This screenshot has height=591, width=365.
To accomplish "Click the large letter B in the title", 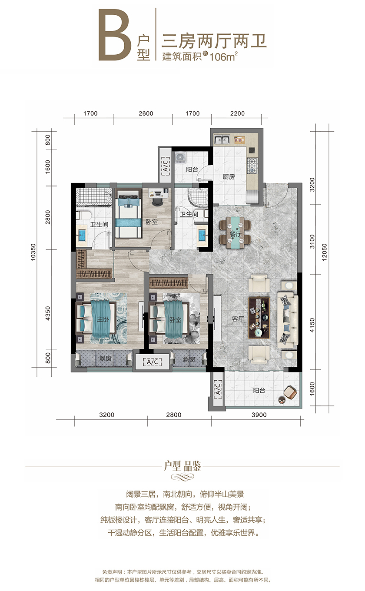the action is click(x=115, y=35).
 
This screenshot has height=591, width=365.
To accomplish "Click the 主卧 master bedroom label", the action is click(x=103, y=319).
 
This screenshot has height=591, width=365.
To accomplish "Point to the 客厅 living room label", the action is click(x=238, y=319).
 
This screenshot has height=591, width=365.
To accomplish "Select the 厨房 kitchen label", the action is click(x=229, y=176).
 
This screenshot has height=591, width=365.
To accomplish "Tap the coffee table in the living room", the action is click(x=259, y=318).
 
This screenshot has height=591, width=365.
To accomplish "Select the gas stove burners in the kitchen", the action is click(x=252, y=166).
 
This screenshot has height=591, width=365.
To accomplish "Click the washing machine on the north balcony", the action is click(x=180, y=157).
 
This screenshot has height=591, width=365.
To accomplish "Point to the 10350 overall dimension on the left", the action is click(x=33, y=252).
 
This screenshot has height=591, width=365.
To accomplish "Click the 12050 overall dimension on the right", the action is click(x=325, y=252).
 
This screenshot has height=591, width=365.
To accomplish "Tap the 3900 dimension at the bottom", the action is click(x=259, y=415).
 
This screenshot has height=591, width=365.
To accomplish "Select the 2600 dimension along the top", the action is click(x=146, y=113).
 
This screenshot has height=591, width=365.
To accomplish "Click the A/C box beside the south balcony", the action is click(x=218, y=389).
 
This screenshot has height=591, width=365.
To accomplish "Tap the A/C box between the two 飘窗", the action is click(x=152, y=362).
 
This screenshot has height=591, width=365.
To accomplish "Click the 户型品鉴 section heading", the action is click(x=182, y=466).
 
